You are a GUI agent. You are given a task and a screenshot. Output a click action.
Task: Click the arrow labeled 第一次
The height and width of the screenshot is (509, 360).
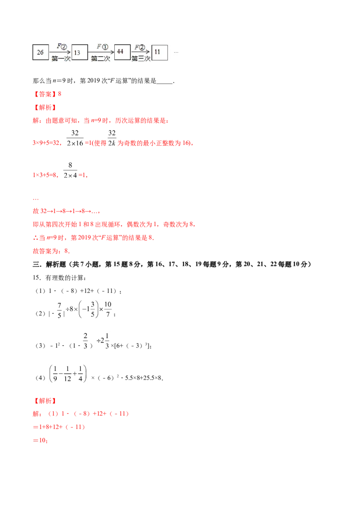pos(60,52)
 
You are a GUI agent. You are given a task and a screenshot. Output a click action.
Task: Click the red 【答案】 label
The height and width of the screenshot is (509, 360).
pos(45,94)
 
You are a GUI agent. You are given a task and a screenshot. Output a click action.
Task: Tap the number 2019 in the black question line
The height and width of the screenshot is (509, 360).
pos(94,81)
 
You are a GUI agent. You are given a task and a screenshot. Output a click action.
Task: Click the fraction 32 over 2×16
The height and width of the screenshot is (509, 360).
pos(75,138)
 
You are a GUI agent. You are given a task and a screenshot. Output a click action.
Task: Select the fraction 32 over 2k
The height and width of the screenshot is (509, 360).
pos(112,138)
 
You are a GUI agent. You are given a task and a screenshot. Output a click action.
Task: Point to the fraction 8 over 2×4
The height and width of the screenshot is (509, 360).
pos(70,170)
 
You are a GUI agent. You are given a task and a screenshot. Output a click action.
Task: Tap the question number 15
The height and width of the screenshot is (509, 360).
pos(36,278)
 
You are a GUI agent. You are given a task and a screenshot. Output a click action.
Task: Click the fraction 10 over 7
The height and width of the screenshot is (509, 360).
pos(108,309)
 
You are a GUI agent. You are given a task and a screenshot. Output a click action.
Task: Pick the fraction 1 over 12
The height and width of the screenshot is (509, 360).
pos(67,374)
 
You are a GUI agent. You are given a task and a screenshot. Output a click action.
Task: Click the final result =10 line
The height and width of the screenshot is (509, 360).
pos(40,441)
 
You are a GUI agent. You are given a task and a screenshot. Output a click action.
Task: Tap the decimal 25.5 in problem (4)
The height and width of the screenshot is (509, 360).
pos(144,378)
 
